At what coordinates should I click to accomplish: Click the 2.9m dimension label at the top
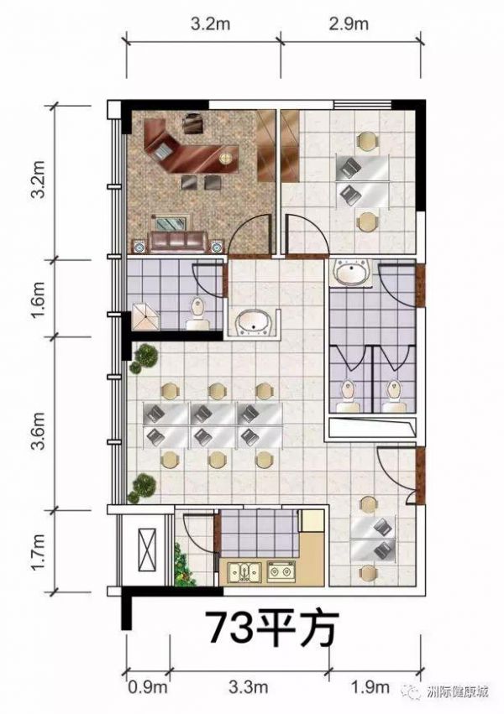point(348,24)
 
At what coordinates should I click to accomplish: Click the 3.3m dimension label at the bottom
point(249,686)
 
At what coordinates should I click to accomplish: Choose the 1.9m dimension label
point(372,686)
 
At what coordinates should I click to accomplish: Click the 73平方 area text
point(272,630)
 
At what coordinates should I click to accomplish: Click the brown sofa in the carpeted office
point(178,242)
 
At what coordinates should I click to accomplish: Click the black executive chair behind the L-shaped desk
point(193,123)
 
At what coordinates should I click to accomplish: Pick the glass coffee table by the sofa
point(171,223)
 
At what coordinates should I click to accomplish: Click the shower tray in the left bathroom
point(146,316)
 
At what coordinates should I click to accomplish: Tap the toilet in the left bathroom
point(197,313)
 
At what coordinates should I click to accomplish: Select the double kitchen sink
point(244,571)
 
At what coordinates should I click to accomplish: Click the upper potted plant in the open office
point(144,357)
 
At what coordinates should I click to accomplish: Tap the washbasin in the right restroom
point(351,274)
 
